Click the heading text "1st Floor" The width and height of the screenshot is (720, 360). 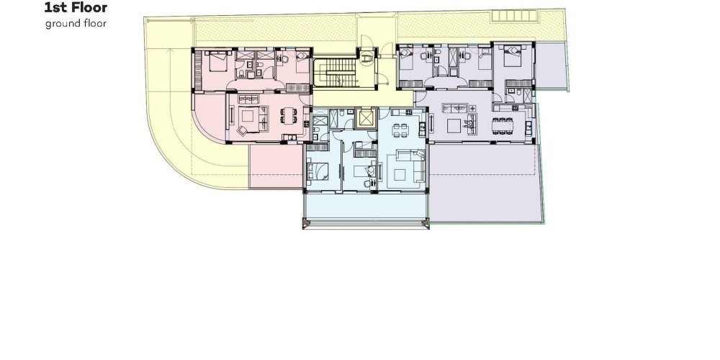[76, 7]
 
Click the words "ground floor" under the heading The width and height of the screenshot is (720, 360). [76, 24]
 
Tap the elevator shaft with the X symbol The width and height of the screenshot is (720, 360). [366, 118]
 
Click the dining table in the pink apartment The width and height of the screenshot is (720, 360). [289, 115]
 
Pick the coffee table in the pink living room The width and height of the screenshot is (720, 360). [248, 116]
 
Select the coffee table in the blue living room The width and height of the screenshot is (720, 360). [400, 174]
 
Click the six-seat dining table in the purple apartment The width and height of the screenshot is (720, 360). [503, 126]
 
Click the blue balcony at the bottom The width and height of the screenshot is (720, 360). [366, 206]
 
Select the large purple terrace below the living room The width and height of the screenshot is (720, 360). [484, 183]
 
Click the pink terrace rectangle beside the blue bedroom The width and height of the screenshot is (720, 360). [276, 166]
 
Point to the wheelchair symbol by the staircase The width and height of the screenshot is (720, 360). [366, 58]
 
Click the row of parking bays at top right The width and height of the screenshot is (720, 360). [514, 16]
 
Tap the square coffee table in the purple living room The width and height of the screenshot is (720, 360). [454, 125]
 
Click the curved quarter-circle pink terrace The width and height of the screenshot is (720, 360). [209, 117]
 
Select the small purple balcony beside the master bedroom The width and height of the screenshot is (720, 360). [551, 66]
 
